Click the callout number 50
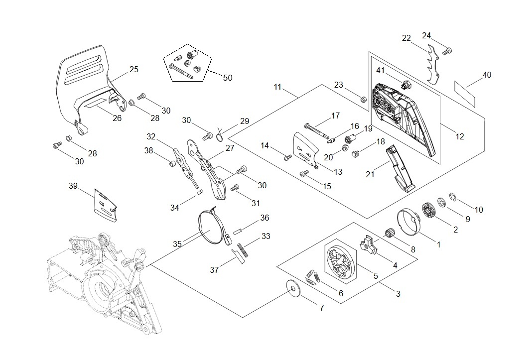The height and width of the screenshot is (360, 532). point(228,78)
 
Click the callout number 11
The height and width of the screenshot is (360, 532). point(277,87)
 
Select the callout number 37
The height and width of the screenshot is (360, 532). point(215,270)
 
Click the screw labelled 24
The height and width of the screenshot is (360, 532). point(447,50)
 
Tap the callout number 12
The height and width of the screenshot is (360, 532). point(459,136)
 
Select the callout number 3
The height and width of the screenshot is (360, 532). point(398,294)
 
